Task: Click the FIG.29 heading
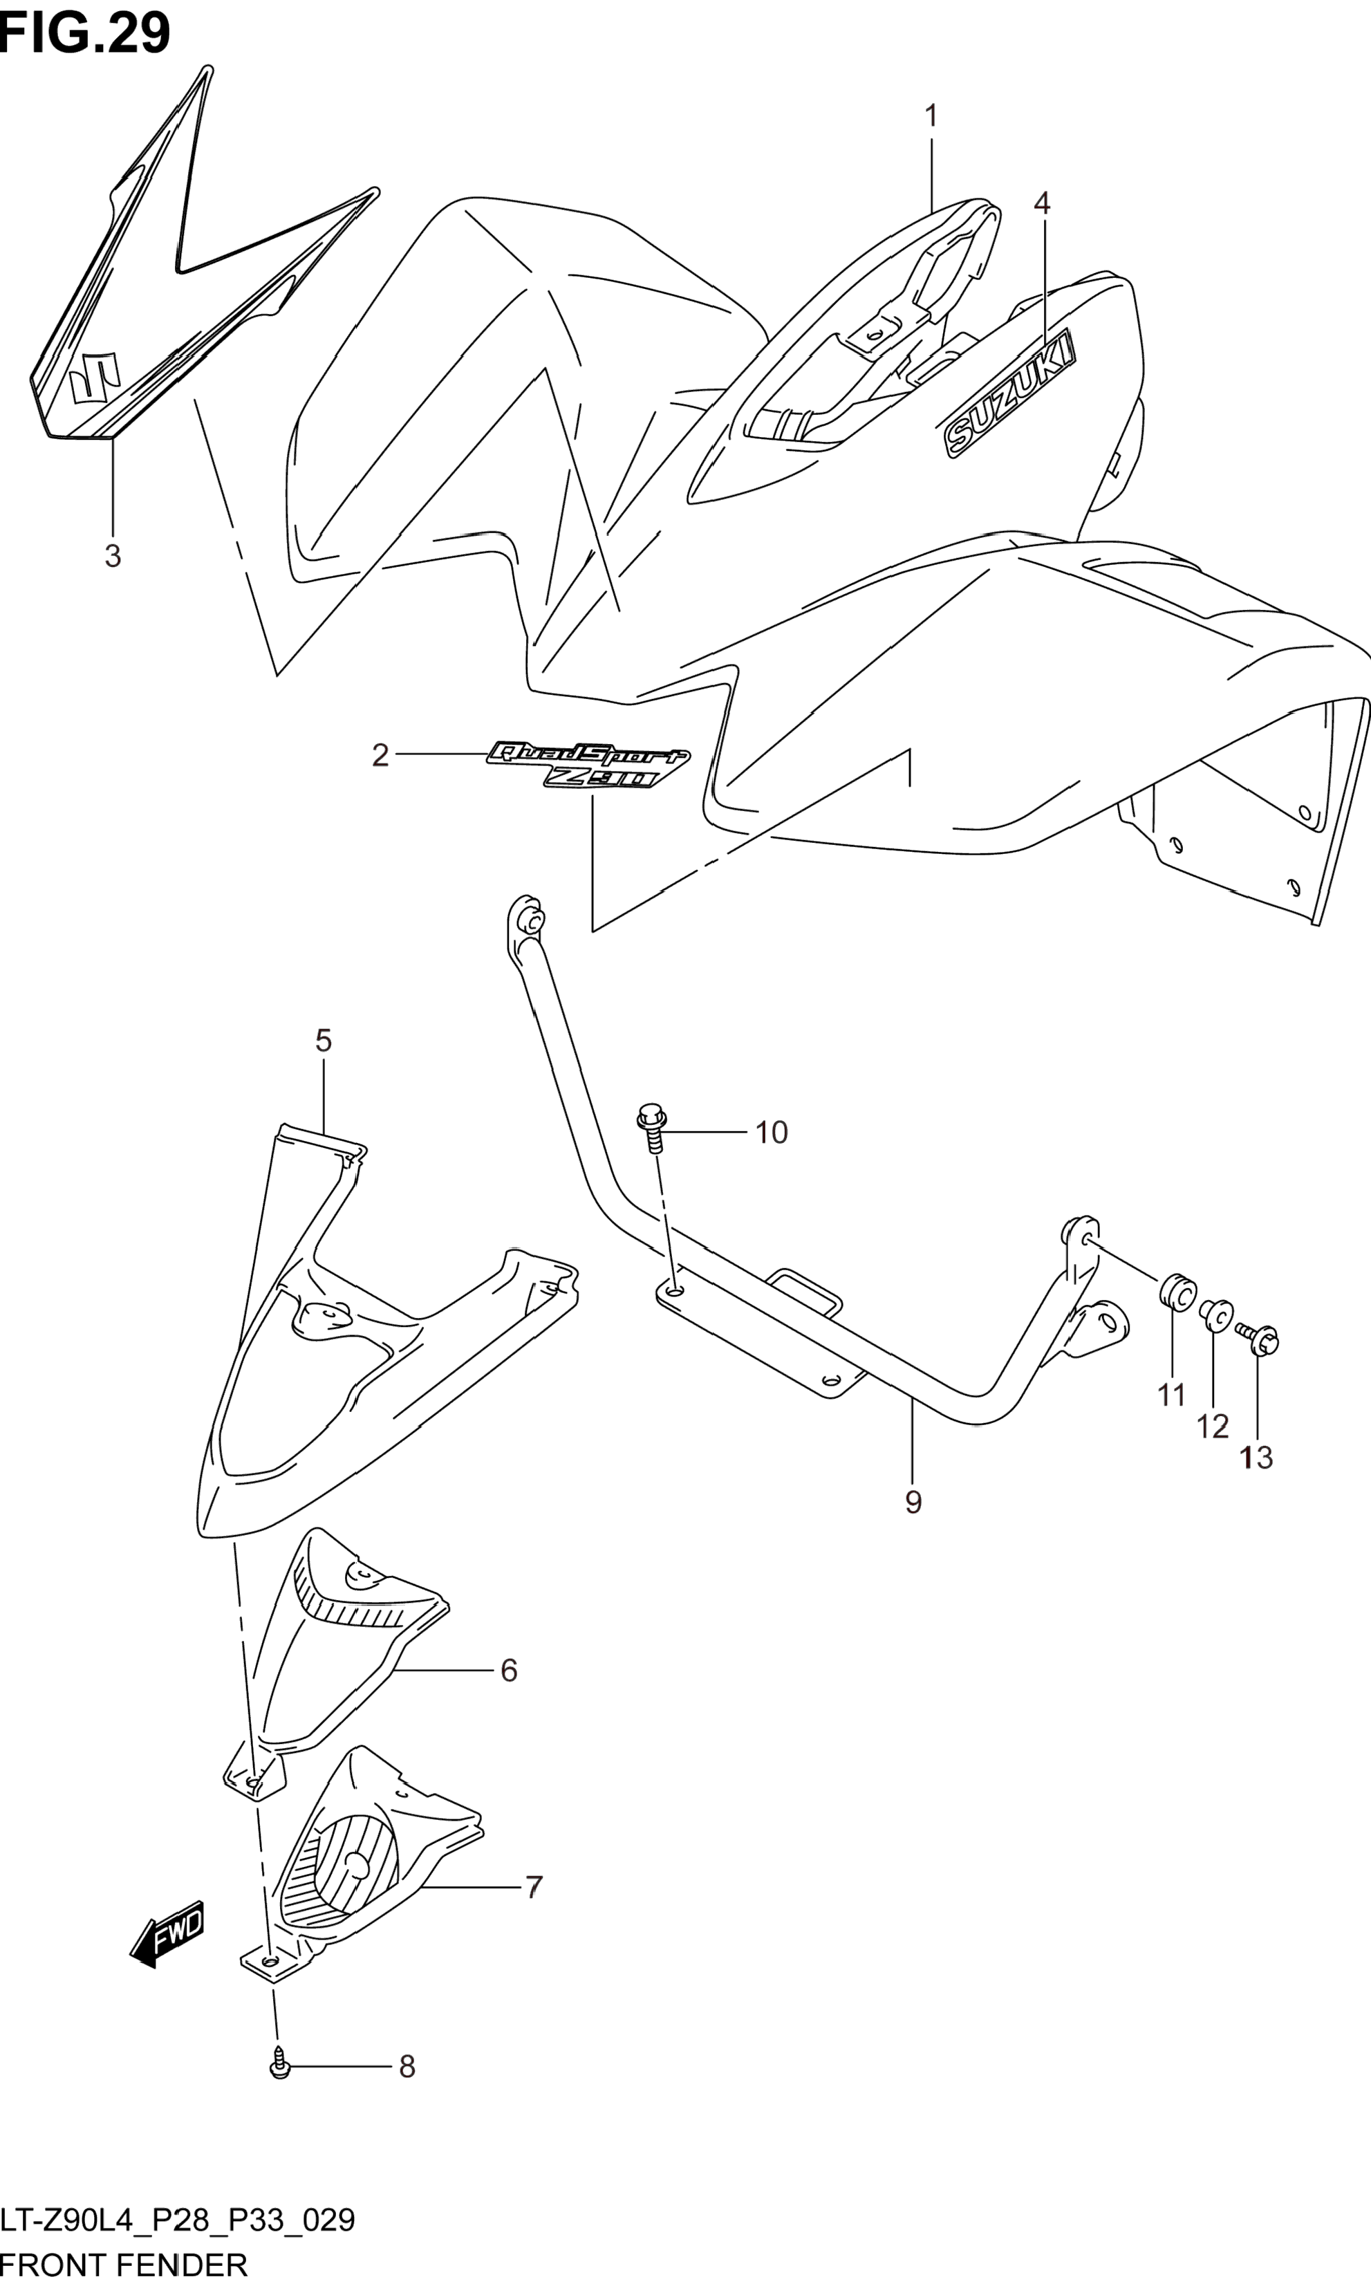(x=85, y=33)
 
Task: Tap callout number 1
(x=931, y=116)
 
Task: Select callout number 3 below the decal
(x=112, y=556)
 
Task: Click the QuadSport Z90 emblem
(x=588, y=763)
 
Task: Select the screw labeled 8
(x=280, y=2065)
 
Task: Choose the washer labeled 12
(x=1216, y=1314)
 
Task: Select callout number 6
(x=508, y=1671)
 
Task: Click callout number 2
(x=380, y=756)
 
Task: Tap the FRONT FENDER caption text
(x=124, y=2265)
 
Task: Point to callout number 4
(x=1041, y=203)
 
